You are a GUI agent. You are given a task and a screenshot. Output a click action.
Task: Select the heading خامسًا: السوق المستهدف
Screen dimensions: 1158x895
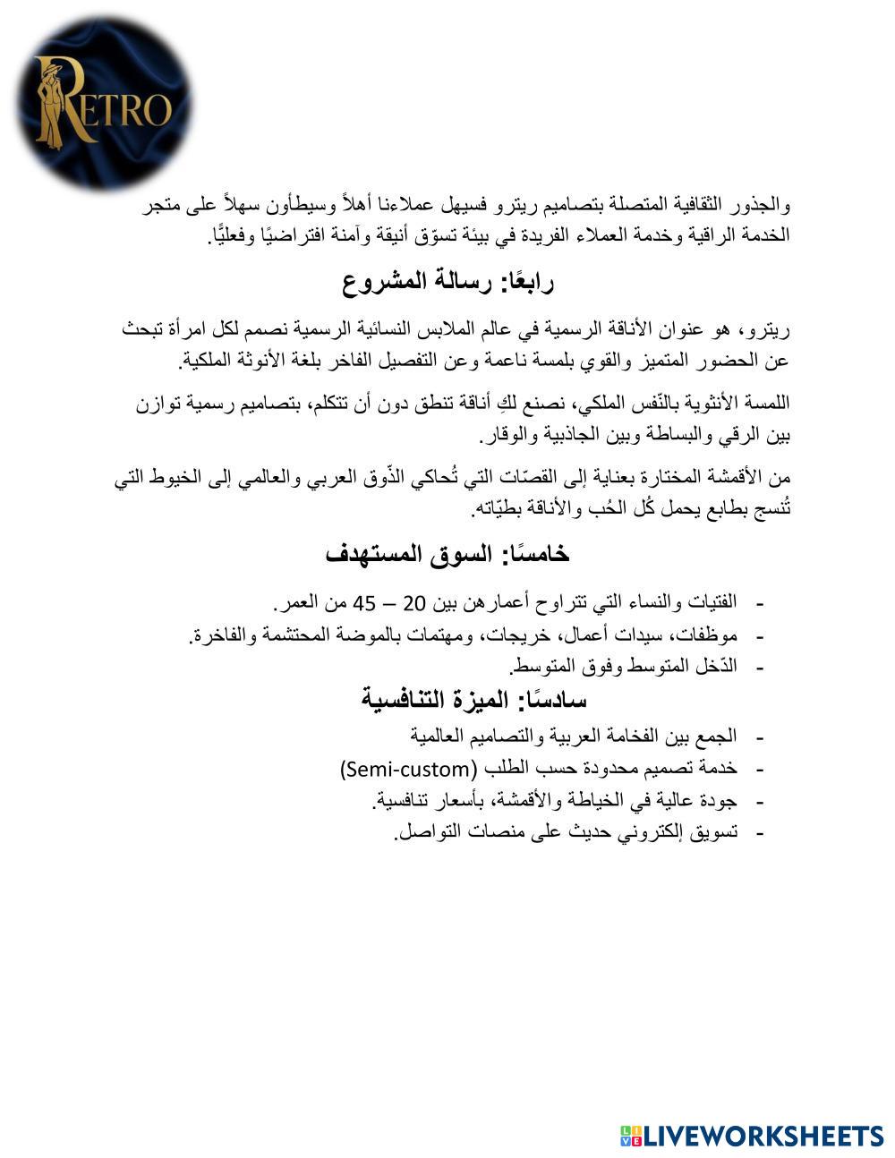pos(448,554)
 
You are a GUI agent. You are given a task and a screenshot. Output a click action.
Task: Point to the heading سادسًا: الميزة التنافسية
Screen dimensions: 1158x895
pos(474,699)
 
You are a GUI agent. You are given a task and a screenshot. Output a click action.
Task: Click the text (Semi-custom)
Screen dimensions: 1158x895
pos(408,769)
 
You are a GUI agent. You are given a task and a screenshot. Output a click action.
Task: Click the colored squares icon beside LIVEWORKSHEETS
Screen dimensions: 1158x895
pos(631,1136)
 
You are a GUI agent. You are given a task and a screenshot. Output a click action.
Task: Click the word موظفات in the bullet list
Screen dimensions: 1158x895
pos(712,635)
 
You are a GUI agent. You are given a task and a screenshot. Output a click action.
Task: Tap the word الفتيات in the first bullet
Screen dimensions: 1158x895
pos(711,602)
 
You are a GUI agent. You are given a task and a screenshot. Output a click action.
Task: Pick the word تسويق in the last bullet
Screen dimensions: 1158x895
pos(718,833)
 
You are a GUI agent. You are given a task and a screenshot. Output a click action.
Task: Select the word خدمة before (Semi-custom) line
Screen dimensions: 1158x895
pos(720,769)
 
